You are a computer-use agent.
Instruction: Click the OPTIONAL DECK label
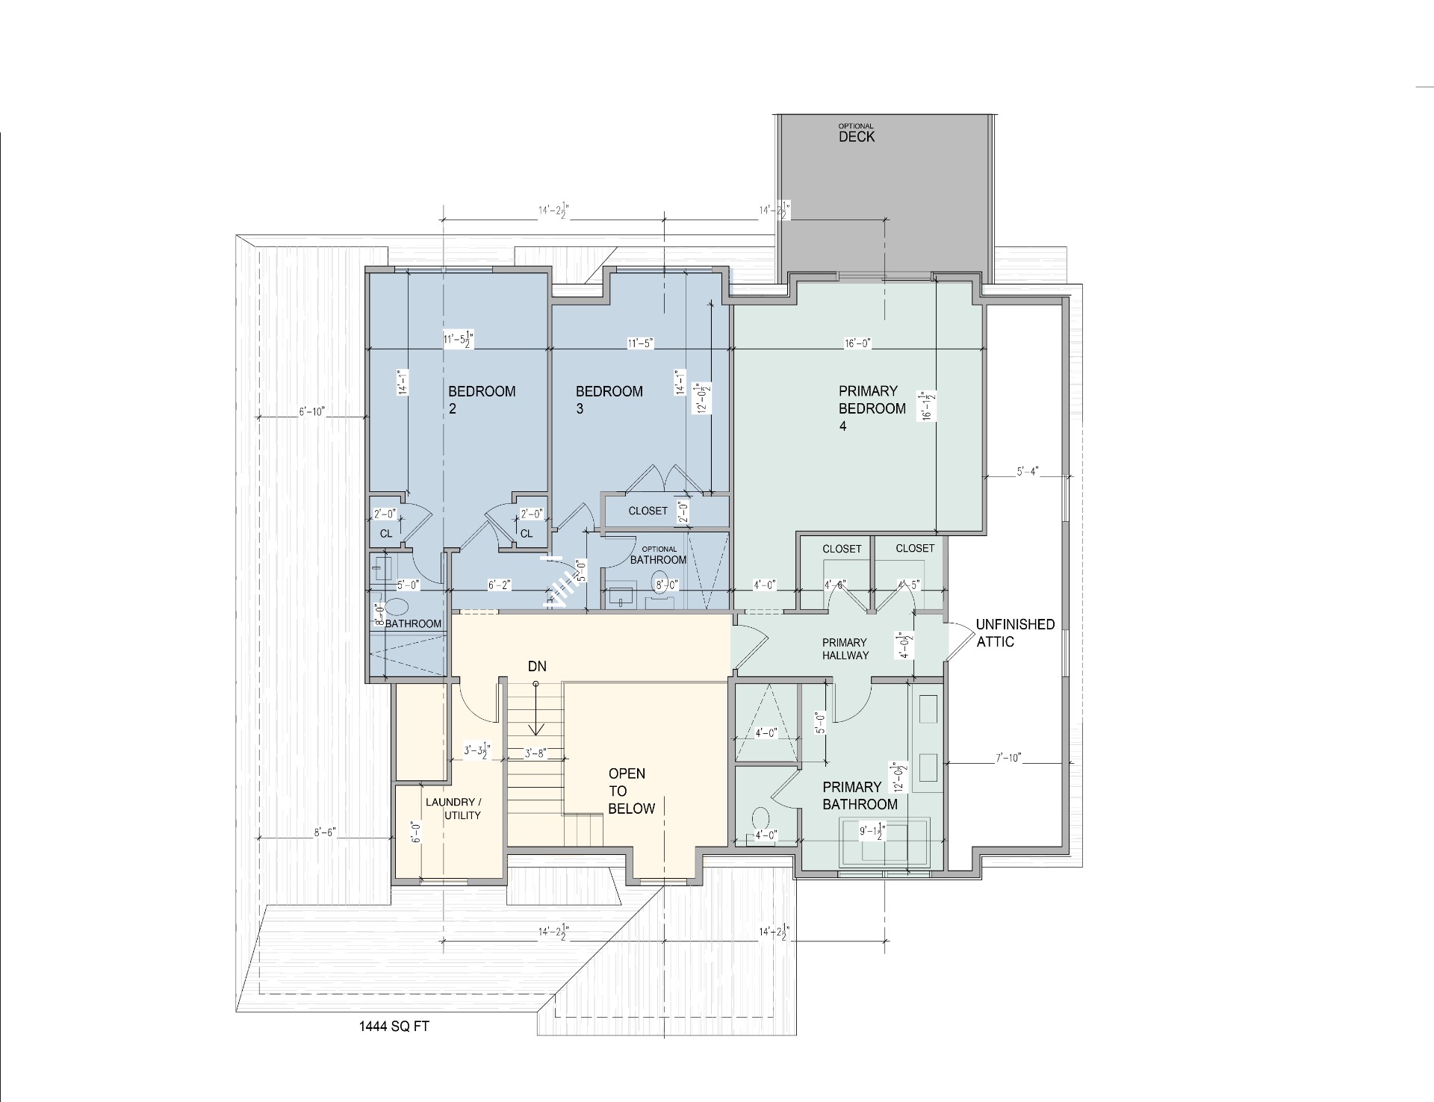856,134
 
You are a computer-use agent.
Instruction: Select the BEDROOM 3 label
609,399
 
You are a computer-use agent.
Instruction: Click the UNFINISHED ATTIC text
1015,633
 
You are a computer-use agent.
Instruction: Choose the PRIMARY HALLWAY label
845,649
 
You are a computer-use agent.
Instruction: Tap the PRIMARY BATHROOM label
860,795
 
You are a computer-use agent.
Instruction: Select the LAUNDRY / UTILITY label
453,809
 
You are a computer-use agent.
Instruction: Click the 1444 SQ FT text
394,1026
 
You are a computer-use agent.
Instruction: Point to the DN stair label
537,666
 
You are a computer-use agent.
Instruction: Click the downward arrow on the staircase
536,727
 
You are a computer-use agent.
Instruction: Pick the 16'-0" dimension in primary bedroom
857,344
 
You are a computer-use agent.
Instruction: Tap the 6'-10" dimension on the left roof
311,412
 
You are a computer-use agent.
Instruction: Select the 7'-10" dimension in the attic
1008,759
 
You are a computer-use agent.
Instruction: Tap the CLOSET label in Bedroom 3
648,511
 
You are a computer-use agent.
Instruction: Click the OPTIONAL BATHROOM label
658,555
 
